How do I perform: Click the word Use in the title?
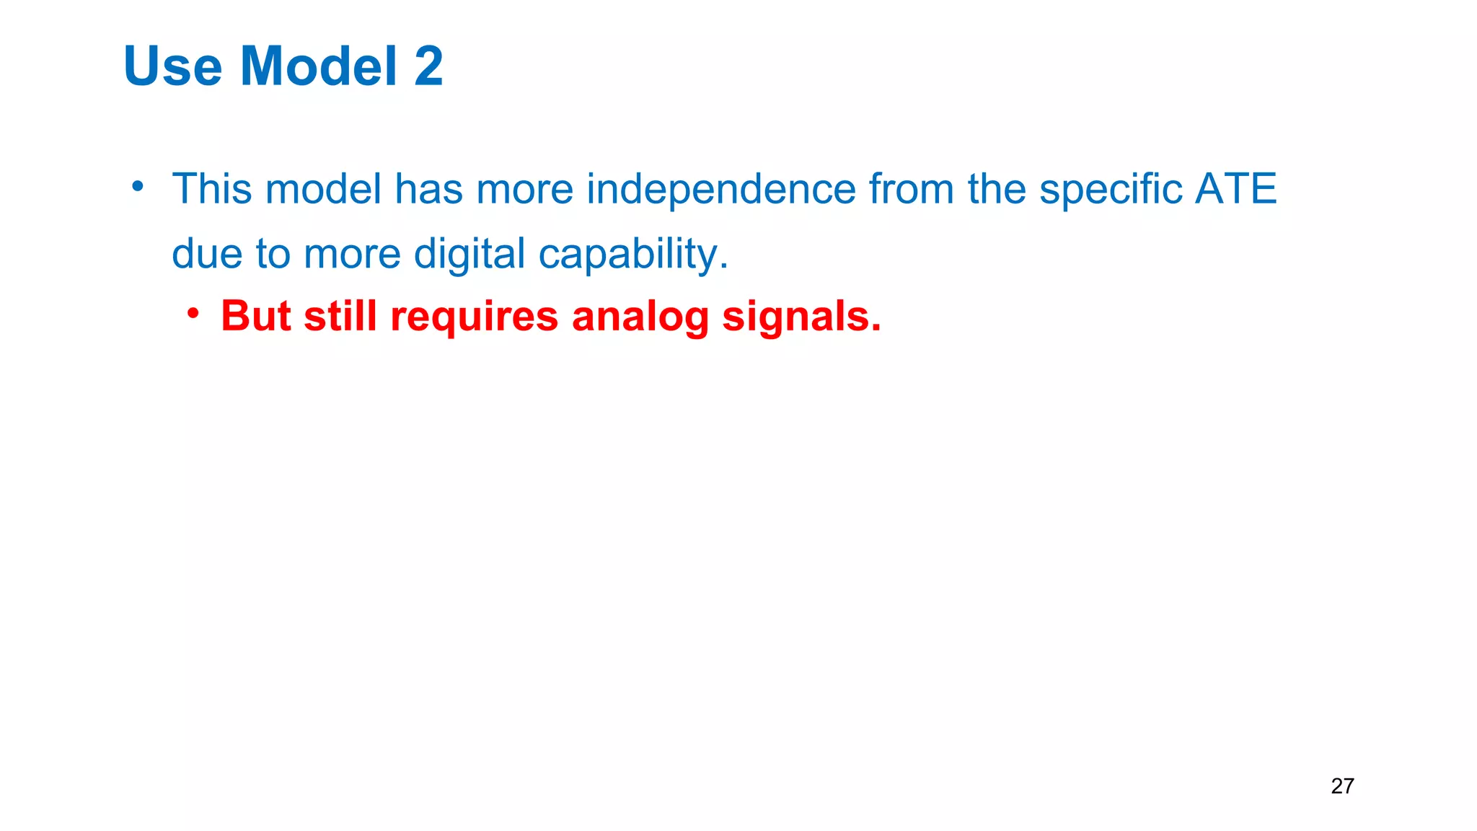pos(173,66)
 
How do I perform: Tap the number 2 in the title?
pos(428,66)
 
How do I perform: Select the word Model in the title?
pos(319,66)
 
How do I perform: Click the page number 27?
pos(1342,786)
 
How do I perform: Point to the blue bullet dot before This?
pos(138,187)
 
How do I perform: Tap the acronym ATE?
pos(1235,189)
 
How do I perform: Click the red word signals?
pos(801,317)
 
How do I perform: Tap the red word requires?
pos(474,317)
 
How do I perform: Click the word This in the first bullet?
pos(212,189)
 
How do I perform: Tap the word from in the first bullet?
pos(912,189)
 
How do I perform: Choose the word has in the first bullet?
pos(428,189)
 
